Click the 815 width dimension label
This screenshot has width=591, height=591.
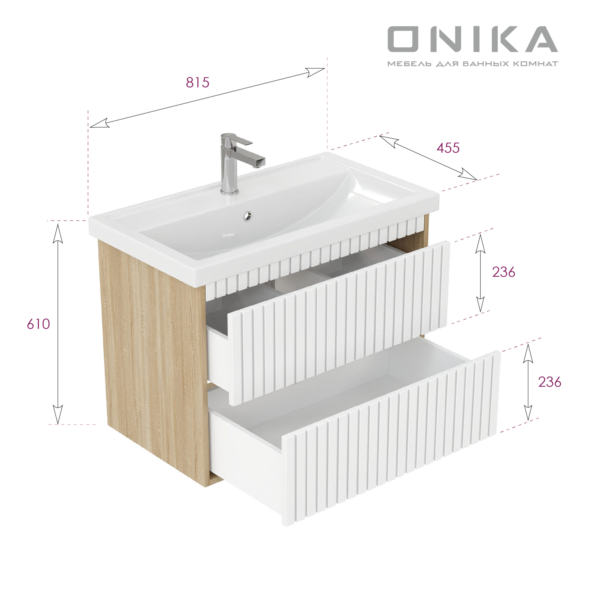198,82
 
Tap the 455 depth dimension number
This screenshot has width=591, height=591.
448,148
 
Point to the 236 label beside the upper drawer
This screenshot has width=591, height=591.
504,272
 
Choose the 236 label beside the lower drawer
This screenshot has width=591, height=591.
550,382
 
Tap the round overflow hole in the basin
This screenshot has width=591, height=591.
247,216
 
